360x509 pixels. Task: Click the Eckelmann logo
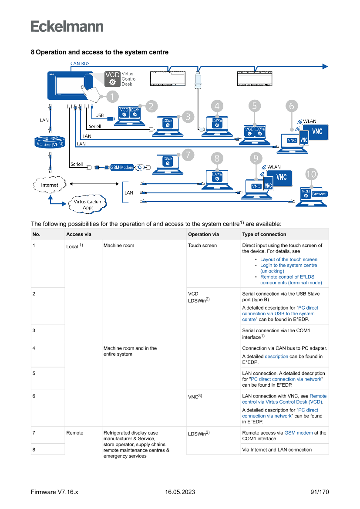click(67, 26)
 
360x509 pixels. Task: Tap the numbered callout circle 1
click(112, 97)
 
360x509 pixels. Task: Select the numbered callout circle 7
click(188, 154)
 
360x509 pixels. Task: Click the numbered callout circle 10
click(311, 175)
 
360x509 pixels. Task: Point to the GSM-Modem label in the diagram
click(122, 167)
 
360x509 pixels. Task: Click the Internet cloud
click(49, 185)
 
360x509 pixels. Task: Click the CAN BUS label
click(80, 64)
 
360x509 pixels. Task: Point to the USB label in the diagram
click(100, 115)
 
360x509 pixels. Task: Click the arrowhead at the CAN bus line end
click(325, 66)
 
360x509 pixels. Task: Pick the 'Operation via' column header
click(203, 234)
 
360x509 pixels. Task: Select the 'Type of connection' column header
click(264, 234)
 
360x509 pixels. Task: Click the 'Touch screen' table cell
click(202, 246)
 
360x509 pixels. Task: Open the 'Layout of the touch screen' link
click(289, 260)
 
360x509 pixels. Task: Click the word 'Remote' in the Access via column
click(74, 433)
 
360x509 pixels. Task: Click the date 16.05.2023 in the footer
click(180, 492)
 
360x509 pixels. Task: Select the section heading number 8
click(33, 52)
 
